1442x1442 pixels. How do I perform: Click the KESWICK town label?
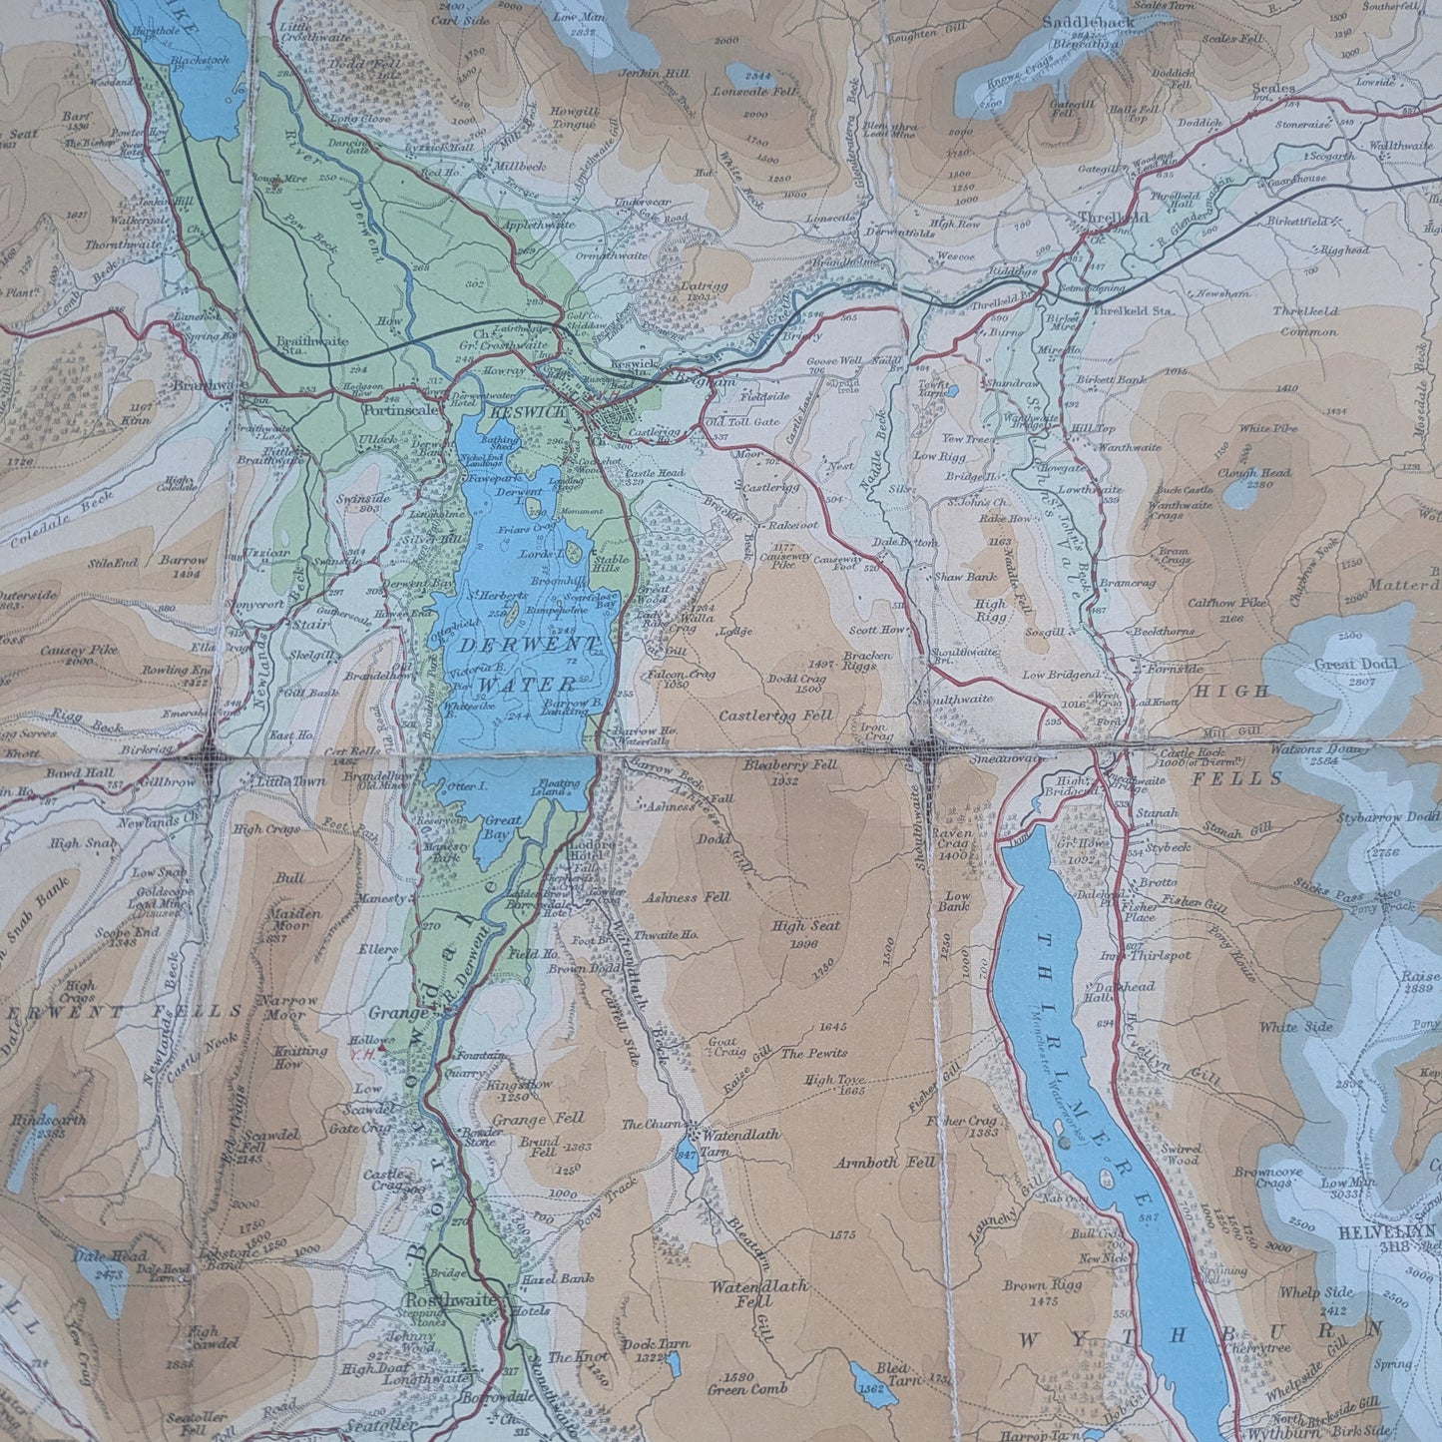click(537, 411)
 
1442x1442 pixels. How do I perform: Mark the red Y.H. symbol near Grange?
click(377, 1050)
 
